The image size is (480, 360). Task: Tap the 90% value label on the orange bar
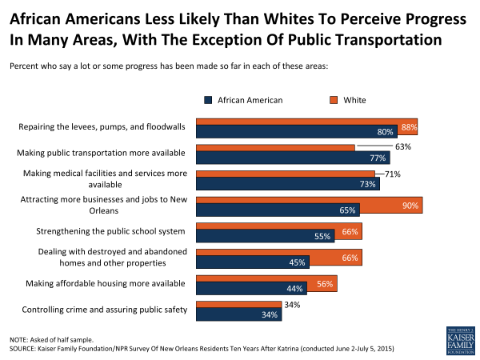click(410, 206)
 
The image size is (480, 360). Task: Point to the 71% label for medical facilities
click(392, 174)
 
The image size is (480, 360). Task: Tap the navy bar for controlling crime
click(238, 314)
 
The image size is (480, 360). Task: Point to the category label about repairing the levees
click(102, 126)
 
